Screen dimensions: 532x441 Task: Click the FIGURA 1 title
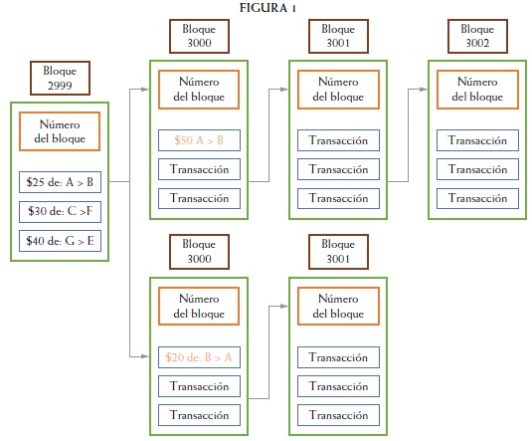pos(267,8)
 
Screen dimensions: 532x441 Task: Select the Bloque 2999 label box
pos(60,78)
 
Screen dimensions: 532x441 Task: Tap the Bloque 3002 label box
pos(477,36)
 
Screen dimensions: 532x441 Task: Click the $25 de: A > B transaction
pos(60,182)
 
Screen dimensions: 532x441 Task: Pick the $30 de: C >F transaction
pos(60,211)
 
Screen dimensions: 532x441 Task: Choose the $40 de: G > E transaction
pos(60,241)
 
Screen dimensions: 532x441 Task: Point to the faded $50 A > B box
pos(199,140)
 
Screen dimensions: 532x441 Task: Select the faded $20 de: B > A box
pos(199,357)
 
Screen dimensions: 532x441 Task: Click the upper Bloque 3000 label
pos(199,36)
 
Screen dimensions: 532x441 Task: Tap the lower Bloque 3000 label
pos(199,252)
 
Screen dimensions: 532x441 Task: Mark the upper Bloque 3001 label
pos(338,36)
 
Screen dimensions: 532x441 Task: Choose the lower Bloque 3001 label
pos(338,252)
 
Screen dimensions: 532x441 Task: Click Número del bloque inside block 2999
pos(60,131)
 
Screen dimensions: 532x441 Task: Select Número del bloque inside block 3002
pos(477,90)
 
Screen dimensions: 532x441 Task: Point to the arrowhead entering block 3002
pos(424,90)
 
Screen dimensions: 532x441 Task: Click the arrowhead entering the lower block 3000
pos(145,356)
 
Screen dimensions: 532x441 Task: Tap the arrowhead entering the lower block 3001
pos(284,307)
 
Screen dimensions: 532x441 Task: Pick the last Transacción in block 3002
pos(477,198)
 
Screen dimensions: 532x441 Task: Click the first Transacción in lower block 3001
pos(338,357)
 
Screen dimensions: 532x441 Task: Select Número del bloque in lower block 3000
pos(199,307)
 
